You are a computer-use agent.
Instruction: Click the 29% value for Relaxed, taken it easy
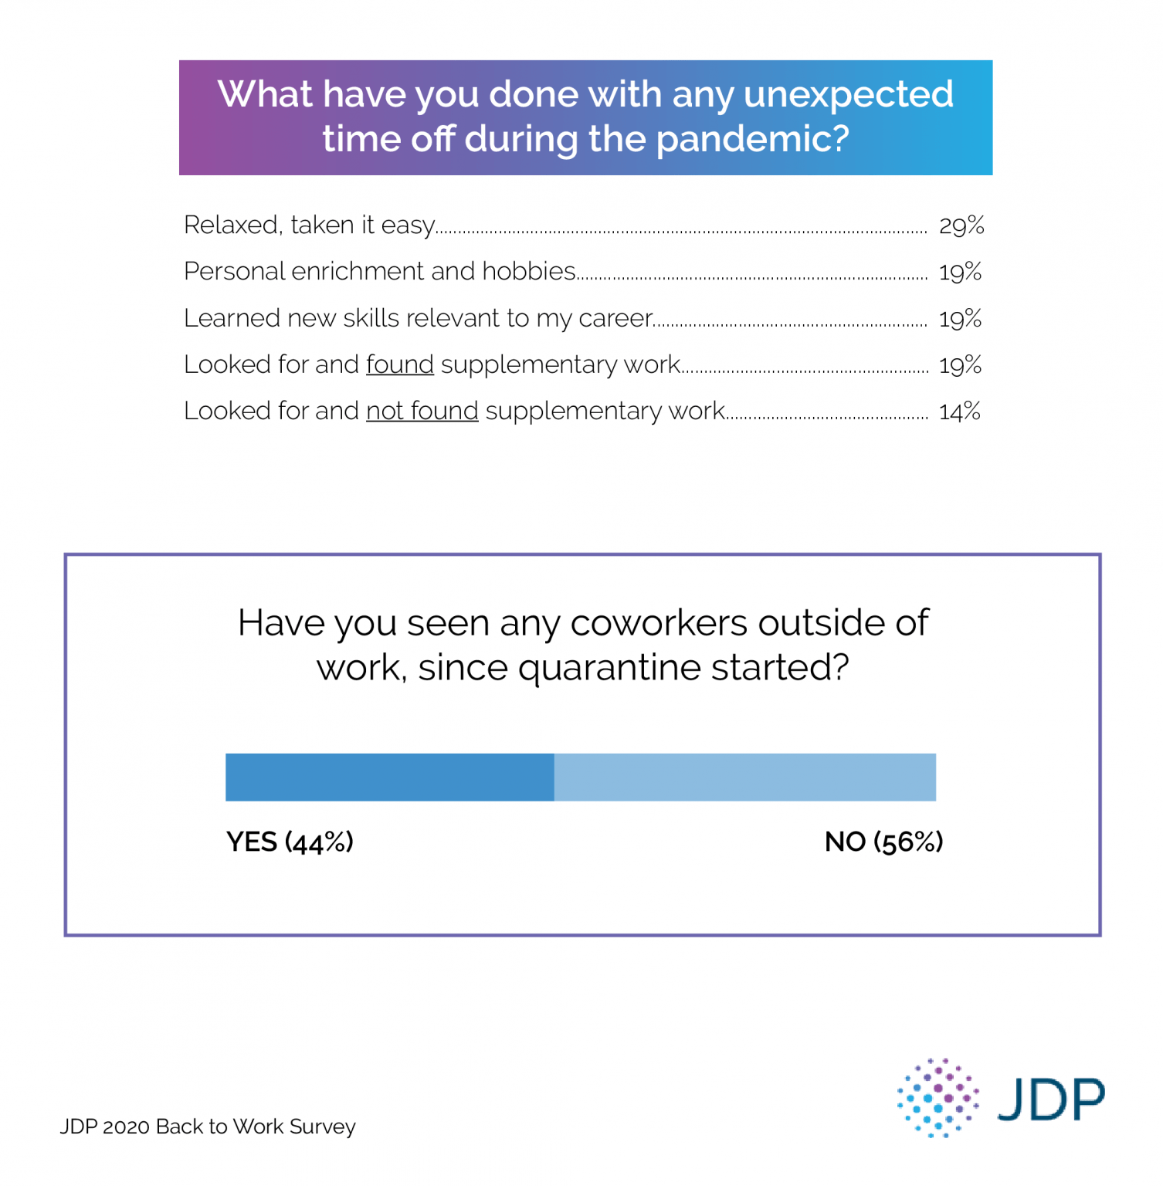(961, 225)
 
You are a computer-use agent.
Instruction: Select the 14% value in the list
(959, 412)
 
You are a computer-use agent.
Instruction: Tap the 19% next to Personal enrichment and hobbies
(960, 272)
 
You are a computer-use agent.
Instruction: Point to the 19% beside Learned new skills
(960, 318)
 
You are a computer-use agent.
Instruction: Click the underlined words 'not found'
(422, 411)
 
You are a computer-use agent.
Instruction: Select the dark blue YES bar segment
(389, 777)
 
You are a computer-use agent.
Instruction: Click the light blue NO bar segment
(744, 777)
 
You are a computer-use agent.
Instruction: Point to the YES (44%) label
(290, 842)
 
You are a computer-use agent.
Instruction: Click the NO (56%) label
(883, 842)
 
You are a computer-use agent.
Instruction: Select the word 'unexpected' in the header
(848, 95)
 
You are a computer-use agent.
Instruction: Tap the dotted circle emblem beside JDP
(938, 1097)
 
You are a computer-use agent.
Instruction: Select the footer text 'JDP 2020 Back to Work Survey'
(208, 1127)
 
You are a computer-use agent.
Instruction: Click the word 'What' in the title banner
(265, 94)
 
